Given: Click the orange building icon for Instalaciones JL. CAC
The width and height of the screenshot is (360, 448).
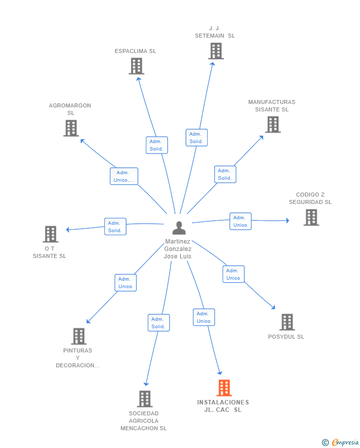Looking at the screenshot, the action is tap(224, 388).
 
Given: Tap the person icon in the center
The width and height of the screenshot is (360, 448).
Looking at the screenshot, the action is tap(180, 228).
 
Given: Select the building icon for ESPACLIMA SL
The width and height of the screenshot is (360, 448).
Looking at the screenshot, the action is tap(136, 66).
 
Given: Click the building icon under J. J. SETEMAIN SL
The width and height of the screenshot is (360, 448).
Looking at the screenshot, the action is tap(216, 51).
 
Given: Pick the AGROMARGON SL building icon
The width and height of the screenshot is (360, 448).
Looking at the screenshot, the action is tap(71, 128).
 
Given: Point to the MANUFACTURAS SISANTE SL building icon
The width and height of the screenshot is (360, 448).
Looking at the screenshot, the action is tap(273, 125).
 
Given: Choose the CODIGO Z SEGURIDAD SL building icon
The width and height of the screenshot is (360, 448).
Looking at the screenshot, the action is tap(312, 217).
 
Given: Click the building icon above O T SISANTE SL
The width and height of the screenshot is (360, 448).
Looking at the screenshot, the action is tap(50, 234).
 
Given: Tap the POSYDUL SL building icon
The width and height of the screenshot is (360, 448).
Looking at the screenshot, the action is tap(287, 322).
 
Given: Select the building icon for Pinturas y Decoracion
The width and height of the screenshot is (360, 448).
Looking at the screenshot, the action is tap(79, 336).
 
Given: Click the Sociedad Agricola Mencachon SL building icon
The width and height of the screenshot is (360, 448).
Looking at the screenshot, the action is tap(145, 399).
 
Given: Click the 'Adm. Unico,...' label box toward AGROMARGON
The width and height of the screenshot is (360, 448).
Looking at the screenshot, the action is tap(124, 176).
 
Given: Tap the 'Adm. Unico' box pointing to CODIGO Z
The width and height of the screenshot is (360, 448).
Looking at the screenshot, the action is tap(240, 221).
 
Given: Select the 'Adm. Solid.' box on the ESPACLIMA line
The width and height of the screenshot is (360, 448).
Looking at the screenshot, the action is tap(157, 145).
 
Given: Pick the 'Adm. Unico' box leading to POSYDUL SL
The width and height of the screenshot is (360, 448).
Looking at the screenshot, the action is tap(233, 274).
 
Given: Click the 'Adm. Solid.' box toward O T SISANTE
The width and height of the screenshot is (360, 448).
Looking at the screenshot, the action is tap(115, 227).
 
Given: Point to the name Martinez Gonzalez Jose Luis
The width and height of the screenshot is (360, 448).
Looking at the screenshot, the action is tap(178, 249).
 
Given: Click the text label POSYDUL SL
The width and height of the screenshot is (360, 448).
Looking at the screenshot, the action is tap(286, 337).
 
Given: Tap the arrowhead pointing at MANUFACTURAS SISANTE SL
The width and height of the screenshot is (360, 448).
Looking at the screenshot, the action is tap(261, 138).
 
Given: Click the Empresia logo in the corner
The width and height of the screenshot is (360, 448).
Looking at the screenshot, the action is tap(341, 442).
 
